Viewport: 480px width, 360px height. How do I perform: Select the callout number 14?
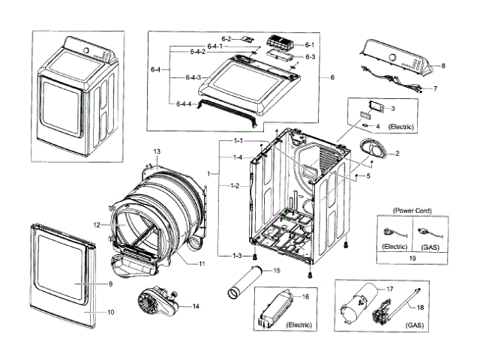[196, 306]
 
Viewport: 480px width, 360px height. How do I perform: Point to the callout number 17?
[389, 289]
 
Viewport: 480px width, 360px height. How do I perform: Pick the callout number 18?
[419, 307]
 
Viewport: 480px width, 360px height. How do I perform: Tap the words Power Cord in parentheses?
[412, 211]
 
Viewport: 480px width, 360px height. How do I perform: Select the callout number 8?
[443, 66]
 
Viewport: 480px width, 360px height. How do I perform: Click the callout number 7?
[435, 88]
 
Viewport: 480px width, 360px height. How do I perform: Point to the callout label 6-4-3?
[192, 77]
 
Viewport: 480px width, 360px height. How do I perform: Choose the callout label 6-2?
[226, 38]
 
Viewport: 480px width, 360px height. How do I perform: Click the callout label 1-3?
[238, 256]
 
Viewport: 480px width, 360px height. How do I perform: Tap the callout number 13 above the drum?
[157, 152]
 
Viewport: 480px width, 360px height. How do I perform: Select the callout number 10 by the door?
[110, 311]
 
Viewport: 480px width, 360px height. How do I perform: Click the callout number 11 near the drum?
[202, 264]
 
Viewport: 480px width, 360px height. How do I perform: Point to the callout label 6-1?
[310, 45]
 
